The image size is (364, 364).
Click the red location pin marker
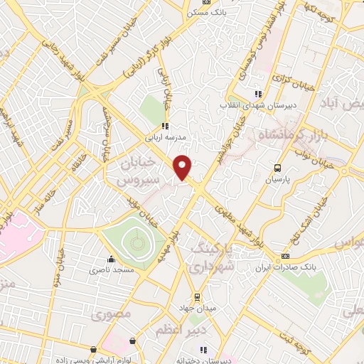183,167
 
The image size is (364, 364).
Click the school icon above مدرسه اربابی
165,126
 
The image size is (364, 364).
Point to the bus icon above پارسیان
278,168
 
